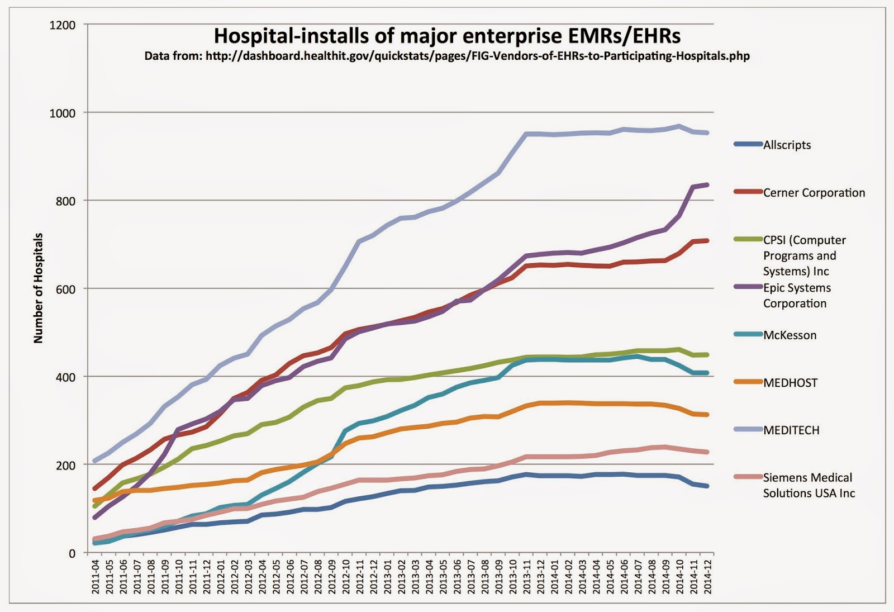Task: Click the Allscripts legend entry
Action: pyautogui.click(x=787, y=145)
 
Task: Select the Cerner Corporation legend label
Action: pyautogui.click(x=814, y=193)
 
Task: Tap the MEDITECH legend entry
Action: pyautogui.click(x=791, y=430)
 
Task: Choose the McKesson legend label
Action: pyautogui.click(x=790, y=335)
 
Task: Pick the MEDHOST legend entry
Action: pyautogui.click(x=790, y=383)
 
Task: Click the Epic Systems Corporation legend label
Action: pyautogui.click(x=797, y=296)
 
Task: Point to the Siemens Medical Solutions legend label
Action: pyautogui.click(x=808, y=485)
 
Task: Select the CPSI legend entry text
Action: pyautogui.click(x=804, y=255)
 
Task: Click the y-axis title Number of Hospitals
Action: pyautogui.click(x=38, y=288)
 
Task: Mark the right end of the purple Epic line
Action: pyautogui.click(x=708, y=185)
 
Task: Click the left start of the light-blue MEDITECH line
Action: pyautogui.click(x=95, y=461)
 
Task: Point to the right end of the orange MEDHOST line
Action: pyautogui.click(x=708, y=415)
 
